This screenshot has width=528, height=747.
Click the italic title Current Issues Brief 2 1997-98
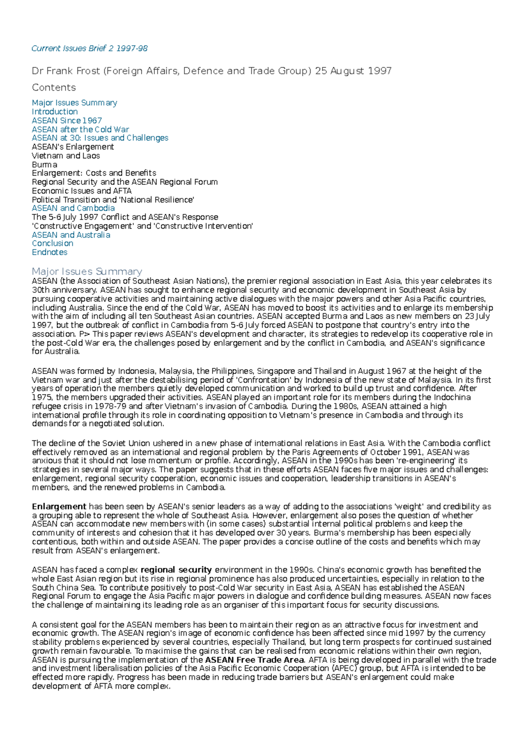click(x=89, y=48)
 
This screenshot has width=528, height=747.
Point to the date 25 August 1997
click(x=353, y=71)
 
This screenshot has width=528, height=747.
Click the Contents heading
click(x=54, y=88)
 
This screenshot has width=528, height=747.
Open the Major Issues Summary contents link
click(x=74, y=103)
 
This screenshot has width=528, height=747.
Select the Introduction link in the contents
click(x=55, y=112)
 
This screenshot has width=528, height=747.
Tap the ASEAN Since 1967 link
click(x=67, y=121)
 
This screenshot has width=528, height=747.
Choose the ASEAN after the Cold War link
click(x=80, y=129)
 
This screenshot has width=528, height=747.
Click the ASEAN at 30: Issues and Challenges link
click(x=100, y=138)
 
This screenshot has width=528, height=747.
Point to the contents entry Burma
click(x=44, y=165)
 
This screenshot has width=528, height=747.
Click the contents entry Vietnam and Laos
click(x=66, y=156)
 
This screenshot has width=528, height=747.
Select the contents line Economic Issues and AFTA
click(x=81, y=191)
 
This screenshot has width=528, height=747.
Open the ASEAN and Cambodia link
click(x=73, y=208)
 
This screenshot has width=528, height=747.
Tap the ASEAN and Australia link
click(x=71, y=235)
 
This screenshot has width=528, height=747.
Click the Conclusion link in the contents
click(x=52, y=243)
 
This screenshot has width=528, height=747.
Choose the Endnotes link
click(x=49, y=252)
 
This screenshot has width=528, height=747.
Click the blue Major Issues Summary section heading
click(x=87, y=271)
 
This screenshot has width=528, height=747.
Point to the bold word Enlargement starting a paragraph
click(x=59, y=506)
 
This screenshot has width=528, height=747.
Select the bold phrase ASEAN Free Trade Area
click(x=254, y=660)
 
